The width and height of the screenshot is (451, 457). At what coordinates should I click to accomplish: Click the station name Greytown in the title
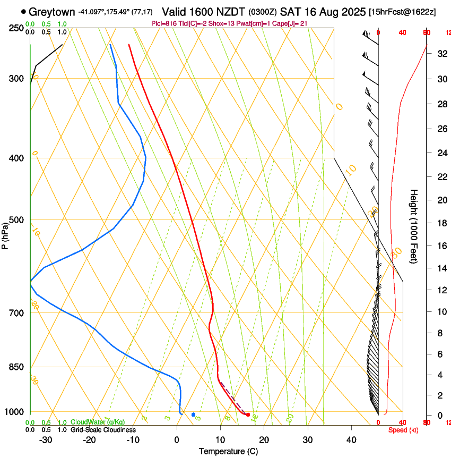tap(52, 11)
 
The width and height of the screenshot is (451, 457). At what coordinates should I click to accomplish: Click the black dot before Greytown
tap(23, 11)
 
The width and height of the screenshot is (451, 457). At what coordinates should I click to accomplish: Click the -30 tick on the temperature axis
tap(46, 439)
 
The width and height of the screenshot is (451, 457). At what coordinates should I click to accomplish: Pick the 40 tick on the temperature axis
tap(351, 439)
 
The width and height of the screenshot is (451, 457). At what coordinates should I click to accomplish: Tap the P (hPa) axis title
tap(5, 234)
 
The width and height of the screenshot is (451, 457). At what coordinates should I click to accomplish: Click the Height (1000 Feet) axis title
tap(414, 226)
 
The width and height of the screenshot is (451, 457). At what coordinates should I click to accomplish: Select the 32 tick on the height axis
tap(440, 53)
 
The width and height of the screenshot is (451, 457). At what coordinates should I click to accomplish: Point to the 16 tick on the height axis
tap(440, 246)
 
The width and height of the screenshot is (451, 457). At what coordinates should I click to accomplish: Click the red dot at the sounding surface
tap(248, 414)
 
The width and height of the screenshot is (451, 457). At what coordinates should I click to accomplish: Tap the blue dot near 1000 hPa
tap(193, 414)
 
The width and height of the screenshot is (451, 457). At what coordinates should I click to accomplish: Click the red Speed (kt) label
tap(403, 430)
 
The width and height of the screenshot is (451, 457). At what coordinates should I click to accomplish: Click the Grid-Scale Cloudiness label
tap(102, 430)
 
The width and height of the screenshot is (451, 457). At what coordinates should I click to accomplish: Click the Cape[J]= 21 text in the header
tap(290, 24)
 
